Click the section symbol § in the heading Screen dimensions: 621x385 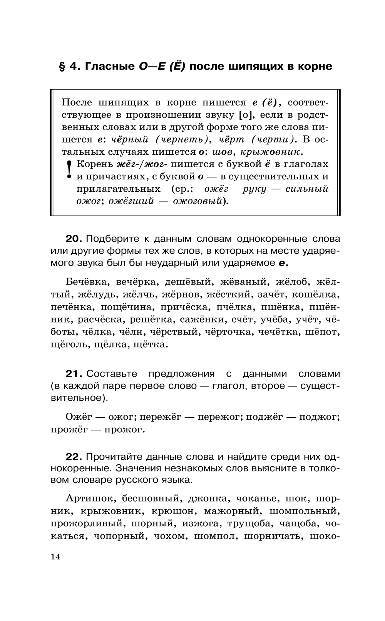[x=62, y=66]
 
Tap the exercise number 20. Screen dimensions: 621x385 [x=74, y=239]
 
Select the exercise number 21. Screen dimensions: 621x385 [x=74, y=374]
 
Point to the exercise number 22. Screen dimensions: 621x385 [x=74, y=457]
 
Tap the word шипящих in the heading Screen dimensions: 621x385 [x=256, y=66]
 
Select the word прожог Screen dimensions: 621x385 [x=125, y=429]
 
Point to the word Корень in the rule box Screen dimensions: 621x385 [x=94, y=164]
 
